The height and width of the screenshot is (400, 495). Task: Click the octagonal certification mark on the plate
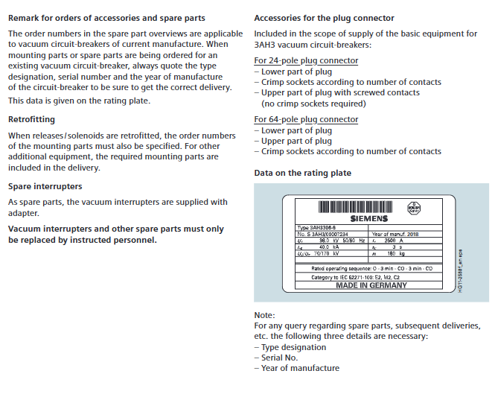coord(413,208)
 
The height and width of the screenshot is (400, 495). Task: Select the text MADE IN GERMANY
coord(371,285)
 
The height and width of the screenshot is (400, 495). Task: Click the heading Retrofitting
coord(31,119)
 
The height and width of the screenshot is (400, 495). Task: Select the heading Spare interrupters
coord(45,186)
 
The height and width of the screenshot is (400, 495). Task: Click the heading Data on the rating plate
coord(302,173)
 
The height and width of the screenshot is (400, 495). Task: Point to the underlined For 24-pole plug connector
coord(306,61)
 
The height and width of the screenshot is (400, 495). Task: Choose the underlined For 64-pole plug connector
coord(306,119)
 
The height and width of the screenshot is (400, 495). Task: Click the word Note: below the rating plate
coord(264,315)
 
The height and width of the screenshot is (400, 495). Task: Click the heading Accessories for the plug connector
coord(324,18)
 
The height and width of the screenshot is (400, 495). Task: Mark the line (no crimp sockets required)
coord(313,104)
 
